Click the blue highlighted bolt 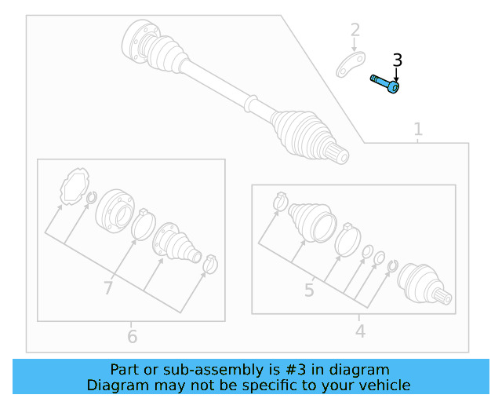385,83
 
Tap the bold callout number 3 397,60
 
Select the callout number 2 355,31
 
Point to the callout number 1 418,129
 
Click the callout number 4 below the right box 360,331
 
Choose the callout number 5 309,291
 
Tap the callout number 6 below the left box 132,337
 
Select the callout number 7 108,288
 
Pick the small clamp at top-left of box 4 280,203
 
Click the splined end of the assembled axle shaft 340,154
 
